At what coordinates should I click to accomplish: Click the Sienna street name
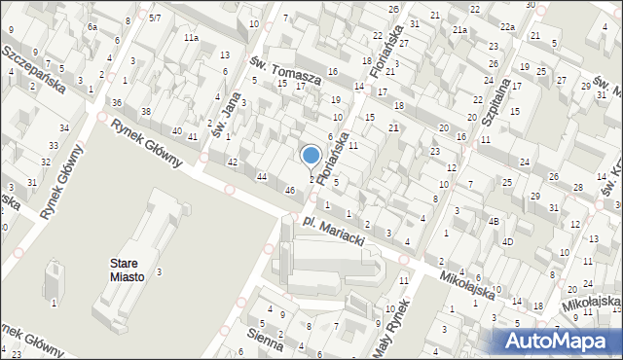(265, 341)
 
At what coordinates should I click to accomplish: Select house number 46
(289, 190)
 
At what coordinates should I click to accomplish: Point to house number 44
(262, 176)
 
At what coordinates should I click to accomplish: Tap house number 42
(232, 162)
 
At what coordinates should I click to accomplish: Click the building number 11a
(191, 37)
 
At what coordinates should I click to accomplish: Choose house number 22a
(507, 27)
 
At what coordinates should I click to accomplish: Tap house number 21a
(459, 31)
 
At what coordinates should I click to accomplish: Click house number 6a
(92, 27)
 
